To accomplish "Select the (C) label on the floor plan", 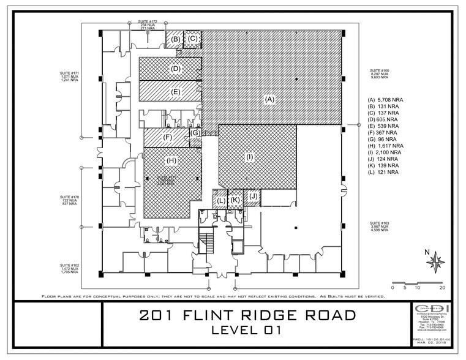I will pos(193,39).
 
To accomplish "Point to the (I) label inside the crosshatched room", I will pos(249,157).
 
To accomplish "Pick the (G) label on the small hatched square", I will pos(195,133).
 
